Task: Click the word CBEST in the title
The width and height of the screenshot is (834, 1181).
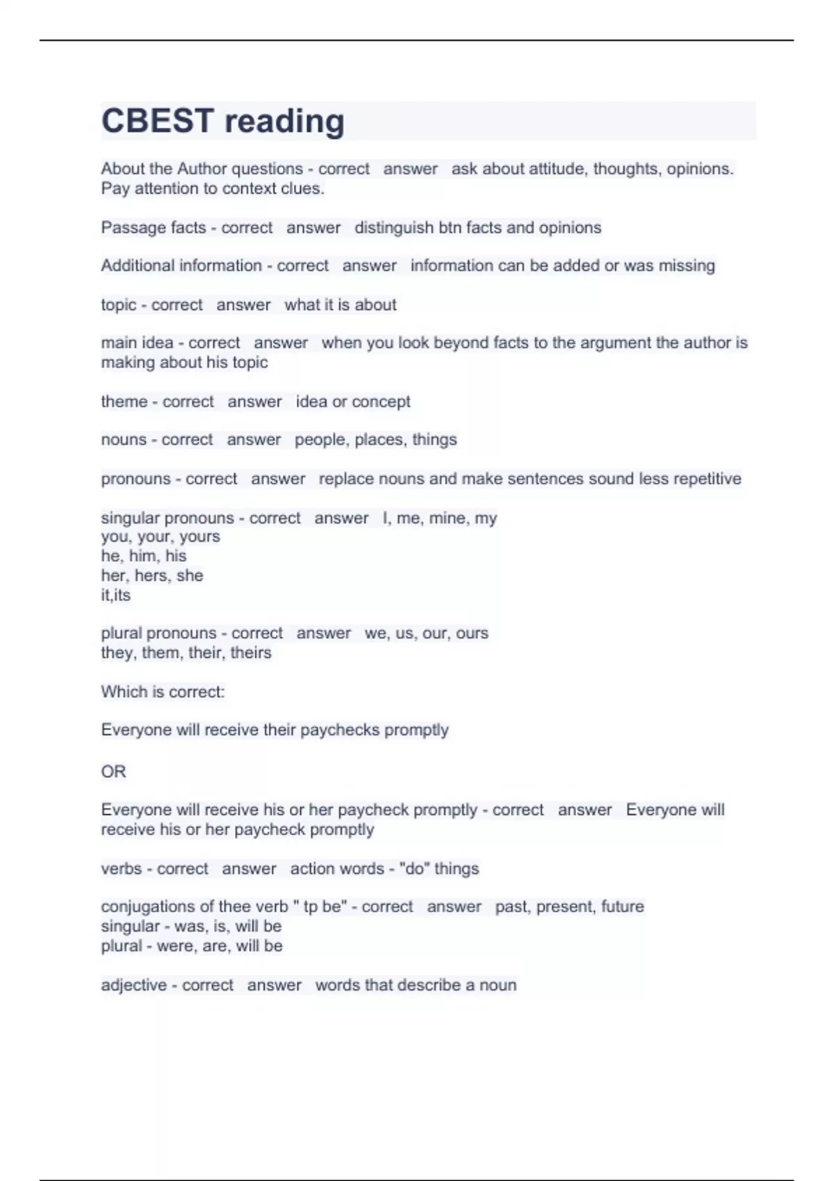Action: [x=157, y=121]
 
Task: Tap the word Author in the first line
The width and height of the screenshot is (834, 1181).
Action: [x=202, y=169]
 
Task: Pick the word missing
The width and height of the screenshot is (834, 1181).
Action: [x=687, y=266]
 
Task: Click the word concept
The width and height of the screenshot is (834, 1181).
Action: [x=382, y=402]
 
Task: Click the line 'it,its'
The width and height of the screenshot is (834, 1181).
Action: [x=116, y=595]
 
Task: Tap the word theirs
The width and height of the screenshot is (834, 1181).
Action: [x=250, y=653]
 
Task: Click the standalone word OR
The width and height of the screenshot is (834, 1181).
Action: [x=114, y=772]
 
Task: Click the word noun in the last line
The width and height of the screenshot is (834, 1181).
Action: [x=498, y=985]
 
